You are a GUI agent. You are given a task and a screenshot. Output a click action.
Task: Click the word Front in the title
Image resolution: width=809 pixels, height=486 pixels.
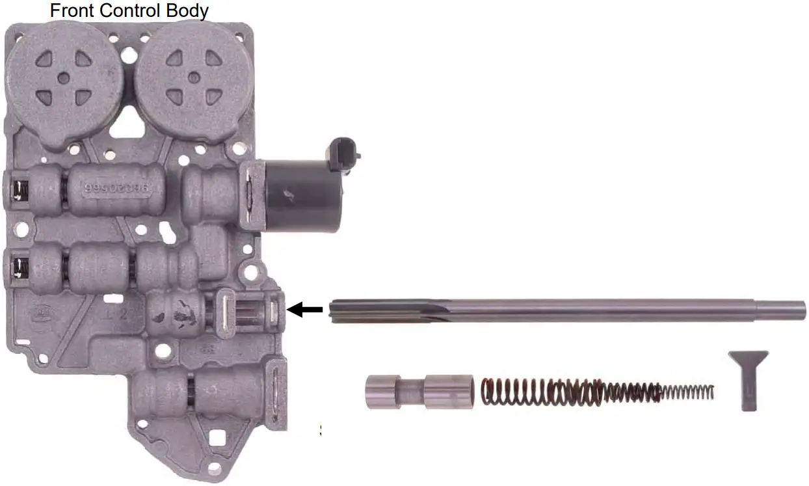(x=72, y=11)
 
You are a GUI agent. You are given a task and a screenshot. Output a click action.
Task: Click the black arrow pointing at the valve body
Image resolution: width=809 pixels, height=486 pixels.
(x=305, y=310)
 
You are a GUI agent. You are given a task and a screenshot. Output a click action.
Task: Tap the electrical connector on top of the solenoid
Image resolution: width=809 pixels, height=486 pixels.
(x=345, y=149)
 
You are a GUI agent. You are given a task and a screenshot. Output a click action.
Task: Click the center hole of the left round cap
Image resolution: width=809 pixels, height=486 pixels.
(x=64, y=78)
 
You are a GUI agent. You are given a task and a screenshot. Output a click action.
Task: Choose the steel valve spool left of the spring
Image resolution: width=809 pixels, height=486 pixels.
(x=419, y=392)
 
